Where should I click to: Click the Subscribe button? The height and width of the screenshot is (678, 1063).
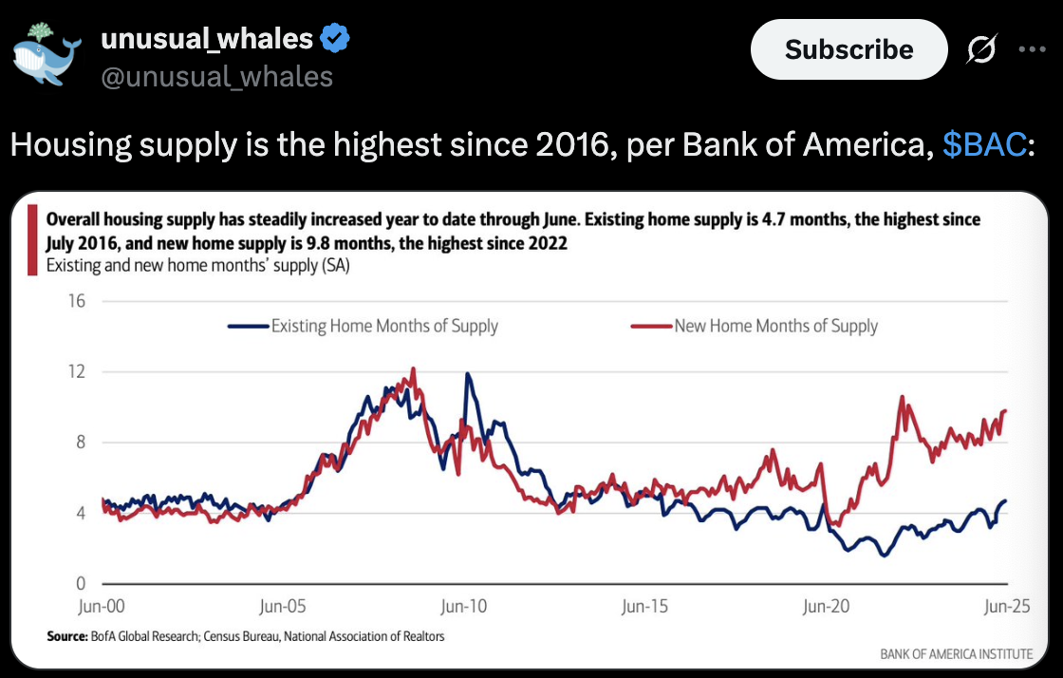point(849,49)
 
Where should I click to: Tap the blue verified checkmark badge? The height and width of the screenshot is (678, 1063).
point(335,38)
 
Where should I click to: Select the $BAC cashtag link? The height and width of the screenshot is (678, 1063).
point(984,144)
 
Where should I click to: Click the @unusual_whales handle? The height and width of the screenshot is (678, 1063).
point(217,77)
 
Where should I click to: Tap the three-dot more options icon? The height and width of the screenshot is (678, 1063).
point(1032,49)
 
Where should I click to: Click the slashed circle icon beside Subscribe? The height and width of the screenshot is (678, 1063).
point(981,48)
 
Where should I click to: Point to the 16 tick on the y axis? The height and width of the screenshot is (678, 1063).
point(77,301)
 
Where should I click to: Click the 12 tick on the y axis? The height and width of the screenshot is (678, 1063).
point(77,371)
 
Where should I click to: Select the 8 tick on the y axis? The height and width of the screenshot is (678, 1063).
point(81,443)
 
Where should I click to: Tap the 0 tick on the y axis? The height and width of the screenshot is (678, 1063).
point(81,583)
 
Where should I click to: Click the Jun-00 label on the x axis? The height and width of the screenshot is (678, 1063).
point(102,606)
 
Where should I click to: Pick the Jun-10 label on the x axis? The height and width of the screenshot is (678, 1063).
point(464,606)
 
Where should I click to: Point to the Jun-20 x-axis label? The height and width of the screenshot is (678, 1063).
point(826,606)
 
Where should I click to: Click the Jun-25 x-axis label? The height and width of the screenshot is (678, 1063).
point(1007,606)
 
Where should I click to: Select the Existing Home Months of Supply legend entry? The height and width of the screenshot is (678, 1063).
point(364,326)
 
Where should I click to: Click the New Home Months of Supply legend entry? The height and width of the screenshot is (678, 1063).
point(754,326)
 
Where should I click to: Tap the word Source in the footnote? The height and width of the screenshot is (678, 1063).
point(67,636)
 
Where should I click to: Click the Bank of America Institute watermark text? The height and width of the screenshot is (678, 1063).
point(957,654)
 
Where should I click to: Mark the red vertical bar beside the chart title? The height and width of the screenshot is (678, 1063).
point(32,240)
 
